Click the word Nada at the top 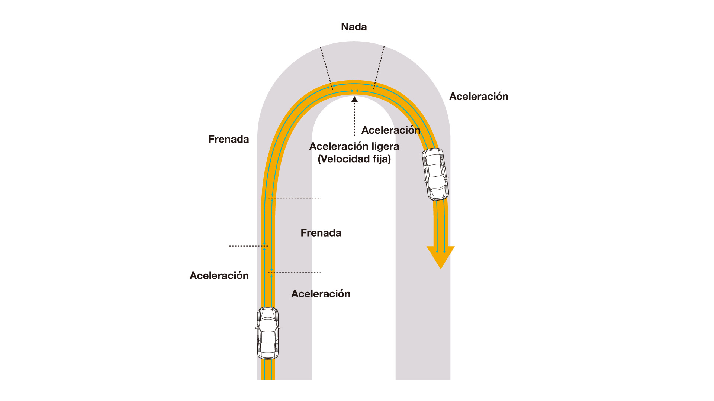[x=354, y=27]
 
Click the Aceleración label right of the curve [x=478, y=96]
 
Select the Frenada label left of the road [x=228, y=139]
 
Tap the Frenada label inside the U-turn [x=321, y=233]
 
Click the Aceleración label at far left [x=219, y=276]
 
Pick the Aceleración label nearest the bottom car [x=321, y=294]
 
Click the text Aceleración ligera [x=354, y=146]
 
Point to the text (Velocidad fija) [x=354, y=159]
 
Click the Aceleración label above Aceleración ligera [x=390, y=130]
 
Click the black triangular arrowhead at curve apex [x=354, y=99]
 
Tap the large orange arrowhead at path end [x=441, y=256]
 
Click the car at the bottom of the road [x=268, y=333]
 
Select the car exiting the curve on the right [x=435, y=174]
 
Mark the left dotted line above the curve [x=326, y=67]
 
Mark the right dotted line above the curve [x=379, y=67]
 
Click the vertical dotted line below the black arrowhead [x=354, y=119]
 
